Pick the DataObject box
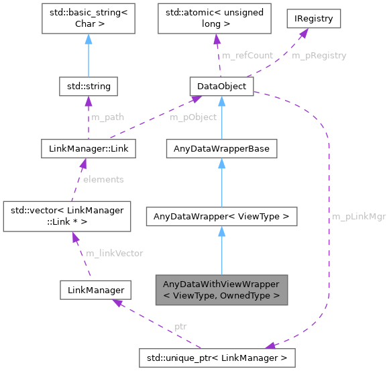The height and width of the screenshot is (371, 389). click(x=221, y=87)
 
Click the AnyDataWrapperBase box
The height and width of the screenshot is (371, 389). click(x=221, y=148)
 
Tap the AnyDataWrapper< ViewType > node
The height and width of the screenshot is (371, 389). click(x=221, y=217)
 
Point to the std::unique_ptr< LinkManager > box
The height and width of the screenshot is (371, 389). click(x=216, y=358)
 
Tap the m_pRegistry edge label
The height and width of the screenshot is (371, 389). click(x=319, y=56)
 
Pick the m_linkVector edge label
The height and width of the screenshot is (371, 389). click(x=114, y=253)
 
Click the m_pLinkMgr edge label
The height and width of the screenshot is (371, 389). click(x=358, y=217)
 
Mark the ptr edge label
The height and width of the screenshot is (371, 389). click(x=180, y=326)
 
